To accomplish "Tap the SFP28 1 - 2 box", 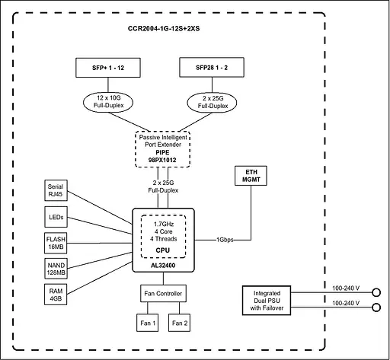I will pyautogui.click(x=210, y=68).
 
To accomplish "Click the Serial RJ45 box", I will pyautogui.click(x=56, y=190).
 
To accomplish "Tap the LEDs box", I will pyautogui.click(x=56, y=217).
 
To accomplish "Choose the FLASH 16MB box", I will pyautogui.click(x=56, y=243).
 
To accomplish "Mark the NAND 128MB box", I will pyautogui.click(x=56, y=269).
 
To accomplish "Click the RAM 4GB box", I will pyautogui.click(x=56, y=295).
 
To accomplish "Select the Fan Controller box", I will pyautogui.click(x=162, y=294).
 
